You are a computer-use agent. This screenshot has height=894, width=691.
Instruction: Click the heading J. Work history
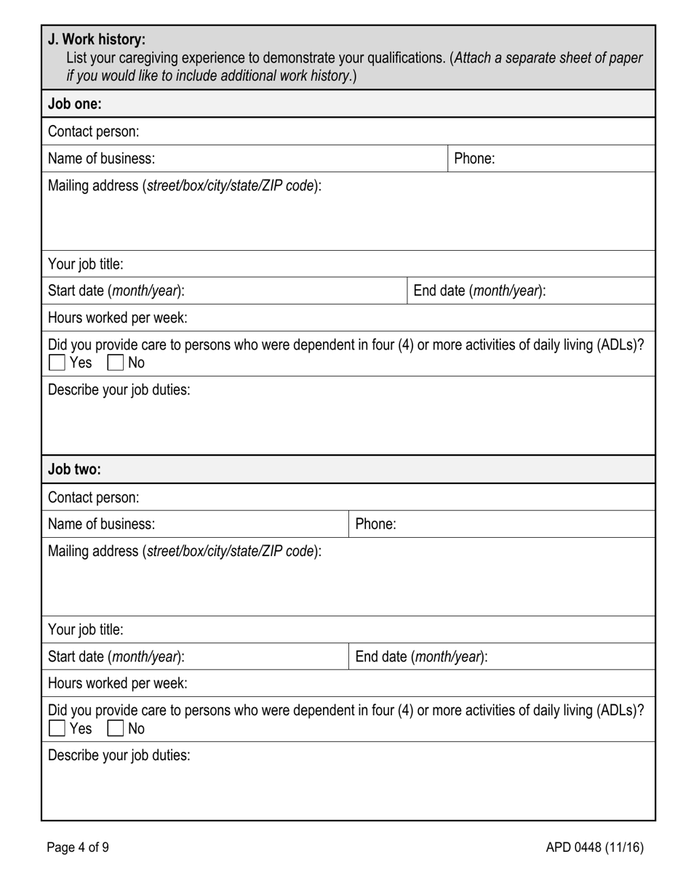(97, 39)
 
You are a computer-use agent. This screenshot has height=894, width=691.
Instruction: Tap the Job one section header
(75, 104)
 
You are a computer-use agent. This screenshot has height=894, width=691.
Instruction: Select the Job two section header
(75, 470)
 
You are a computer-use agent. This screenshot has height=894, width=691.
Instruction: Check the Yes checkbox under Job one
(57, 362)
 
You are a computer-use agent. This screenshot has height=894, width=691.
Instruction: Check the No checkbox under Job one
(116, 362)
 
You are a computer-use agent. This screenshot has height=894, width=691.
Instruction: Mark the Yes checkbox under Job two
(57, 728)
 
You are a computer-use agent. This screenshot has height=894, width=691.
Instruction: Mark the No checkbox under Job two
(116, 728)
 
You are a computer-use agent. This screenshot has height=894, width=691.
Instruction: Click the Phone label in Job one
(474, 158)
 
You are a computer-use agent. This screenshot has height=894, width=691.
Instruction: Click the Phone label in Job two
(375, 524)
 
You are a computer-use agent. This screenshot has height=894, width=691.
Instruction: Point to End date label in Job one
(479, 291)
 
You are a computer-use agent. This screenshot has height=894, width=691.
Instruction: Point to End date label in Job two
(421, 657)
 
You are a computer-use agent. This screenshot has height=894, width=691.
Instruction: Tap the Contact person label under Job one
(93, 132)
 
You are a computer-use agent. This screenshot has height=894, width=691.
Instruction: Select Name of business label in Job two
(101, 524)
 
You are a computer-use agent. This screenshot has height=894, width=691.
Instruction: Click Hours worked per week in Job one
(117, 318)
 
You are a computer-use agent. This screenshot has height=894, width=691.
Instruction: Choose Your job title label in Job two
(85, 629)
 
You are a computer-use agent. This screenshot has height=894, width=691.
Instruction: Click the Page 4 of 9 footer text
(78, 847)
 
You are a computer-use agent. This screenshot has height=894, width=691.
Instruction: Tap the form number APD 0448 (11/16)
(594, 847)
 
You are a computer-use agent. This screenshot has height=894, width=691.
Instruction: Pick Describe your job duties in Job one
(119, 390)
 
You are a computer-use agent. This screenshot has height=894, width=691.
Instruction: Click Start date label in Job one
(116, 291)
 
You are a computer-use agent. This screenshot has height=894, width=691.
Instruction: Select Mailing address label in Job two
(184, 551)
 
